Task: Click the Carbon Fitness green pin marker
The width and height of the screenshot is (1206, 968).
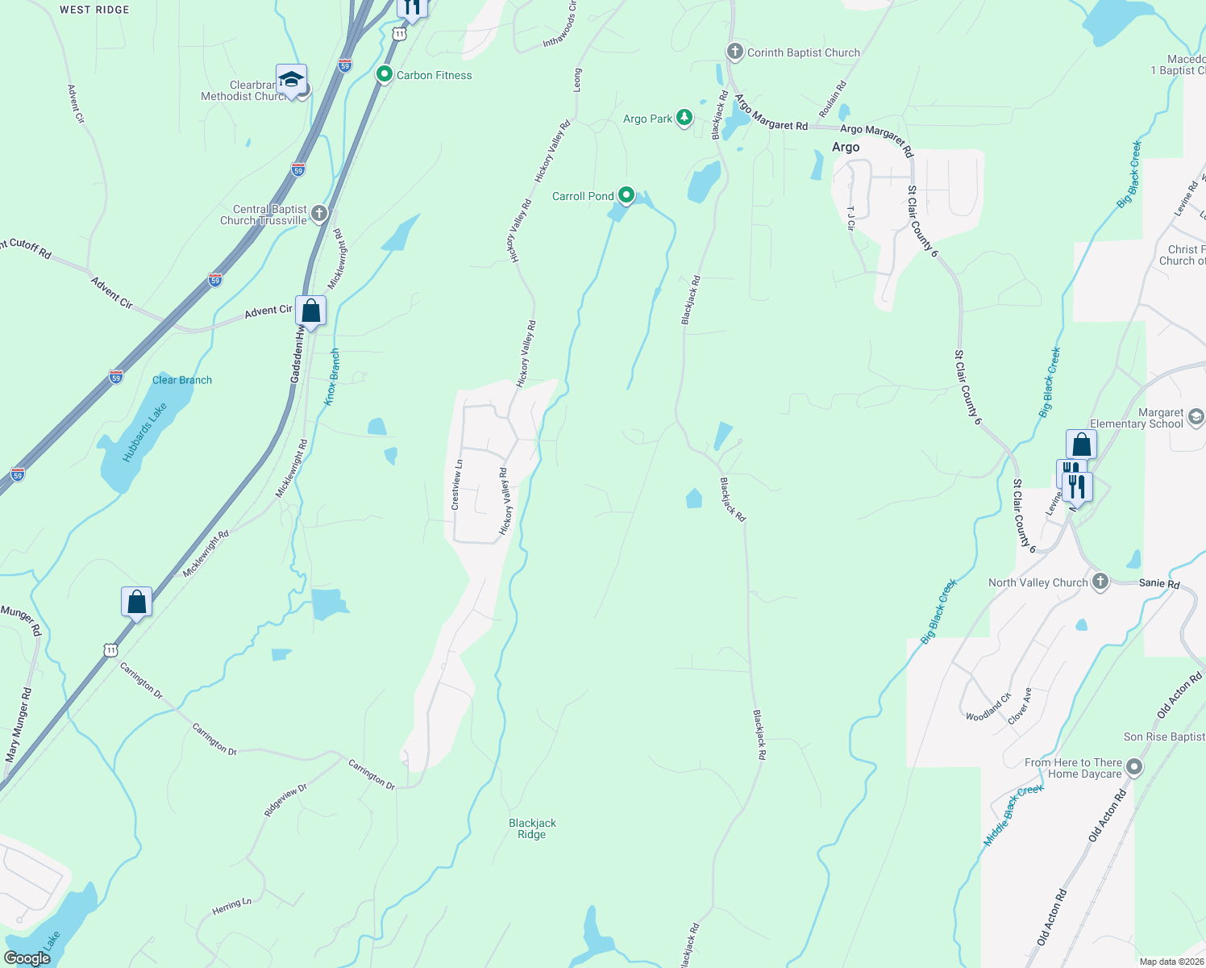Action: pos(385,75)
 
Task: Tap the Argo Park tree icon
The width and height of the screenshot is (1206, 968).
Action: pos(684,118)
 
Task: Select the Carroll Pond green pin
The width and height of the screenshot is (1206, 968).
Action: pos(626,195)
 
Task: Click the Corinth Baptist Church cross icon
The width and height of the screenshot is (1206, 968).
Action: pos(734,52)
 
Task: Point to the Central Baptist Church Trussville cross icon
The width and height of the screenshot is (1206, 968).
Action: pos(319,214)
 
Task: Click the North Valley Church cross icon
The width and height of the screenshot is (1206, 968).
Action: pos(1100,582)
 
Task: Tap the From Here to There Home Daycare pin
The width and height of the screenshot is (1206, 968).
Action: pos(1134,767)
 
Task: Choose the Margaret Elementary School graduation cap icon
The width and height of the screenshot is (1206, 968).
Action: pos(1196,417)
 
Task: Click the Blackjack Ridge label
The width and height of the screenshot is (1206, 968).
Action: pos(532,828)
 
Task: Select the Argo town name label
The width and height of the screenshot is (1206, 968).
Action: pos(846,148)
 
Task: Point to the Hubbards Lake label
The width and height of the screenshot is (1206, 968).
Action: pos(145,432)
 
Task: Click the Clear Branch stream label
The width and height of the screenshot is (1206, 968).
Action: pos(182,380)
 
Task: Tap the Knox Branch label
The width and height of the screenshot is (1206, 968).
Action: pos(331,376)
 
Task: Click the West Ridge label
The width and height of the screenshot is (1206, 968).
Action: pos(94,10)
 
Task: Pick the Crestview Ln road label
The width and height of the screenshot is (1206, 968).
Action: pos(457,485)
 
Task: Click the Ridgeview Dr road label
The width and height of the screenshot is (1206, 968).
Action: pos(285,799)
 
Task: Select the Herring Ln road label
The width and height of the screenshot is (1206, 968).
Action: pos(232,907)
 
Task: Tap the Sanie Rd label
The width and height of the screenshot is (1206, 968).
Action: pos(1159,583)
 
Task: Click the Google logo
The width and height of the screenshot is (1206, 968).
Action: pos(27,958)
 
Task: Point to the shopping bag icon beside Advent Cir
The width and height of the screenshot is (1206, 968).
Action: pos(310,311)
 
